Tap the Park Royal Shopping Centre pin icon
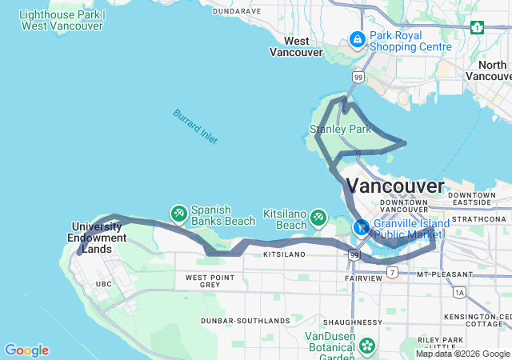[x=357, y=38]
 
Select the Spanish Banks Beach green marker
[x=179, y=213]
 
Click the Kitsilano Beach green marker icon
[x=319, y=217]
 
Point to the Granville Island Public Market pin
[x=362, y=227]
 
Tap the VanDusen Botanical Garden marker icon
[x=367, y=346]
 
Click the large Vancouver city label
[x=396, y=186]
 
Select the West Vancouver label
[x=296, y=46]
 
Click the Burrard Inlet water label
[x=195, y=126]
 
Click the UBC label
[x=104, y=284]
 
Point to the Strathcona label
[x=479, y=218]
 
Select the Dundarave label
[x=238, y=11]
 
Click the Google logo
[x=26, y=350]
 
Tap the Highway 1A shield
[x=459, y=293]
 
